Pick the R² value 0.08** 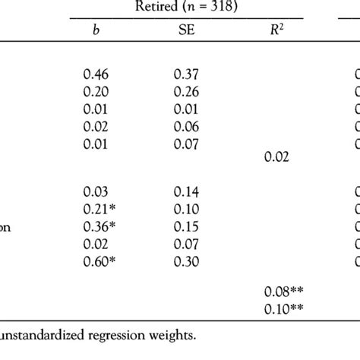pyautogui.click(x=282, y=291)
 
